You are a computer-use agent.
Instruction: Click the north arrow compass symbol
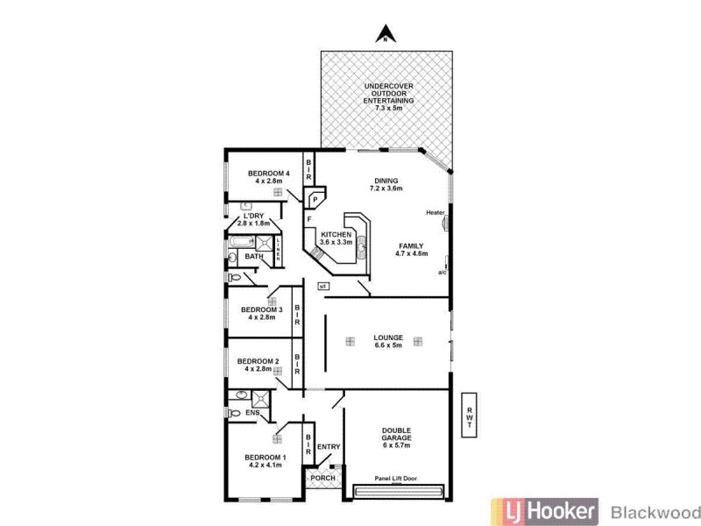coord(383,35)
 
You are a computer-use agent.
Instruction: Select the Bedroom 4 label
coord(269,177)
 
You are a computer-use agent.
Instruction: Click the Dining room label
coord(386,183)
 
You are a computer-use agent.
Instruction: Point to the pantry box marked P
coord(314,199)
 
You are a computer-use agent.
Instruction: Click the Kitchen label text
coord(336,238)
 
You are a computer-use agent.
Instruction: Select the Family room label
coord(412,250)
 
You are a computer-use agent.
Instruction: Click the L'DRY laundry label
coord(254,220)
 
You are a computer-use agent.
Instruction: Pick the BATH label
coord(254,256)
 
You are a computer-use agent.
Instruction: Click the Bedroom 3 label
coord(261,314)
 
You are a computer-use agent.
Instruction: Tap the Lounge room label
coord(388,342)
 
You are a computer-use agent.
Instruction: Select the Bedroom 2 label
coord(258,365)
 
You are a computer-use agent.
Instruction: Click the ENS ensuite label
coord(252,413)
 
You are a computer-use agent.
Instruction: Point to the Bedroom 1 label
coord(265,462)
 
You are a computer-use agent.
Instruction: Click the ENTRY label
coord(329,447)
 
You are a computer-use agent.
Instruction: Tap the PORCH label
coord(323,477)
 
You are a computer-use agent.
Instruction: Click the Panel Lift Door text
coord(396,478)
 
